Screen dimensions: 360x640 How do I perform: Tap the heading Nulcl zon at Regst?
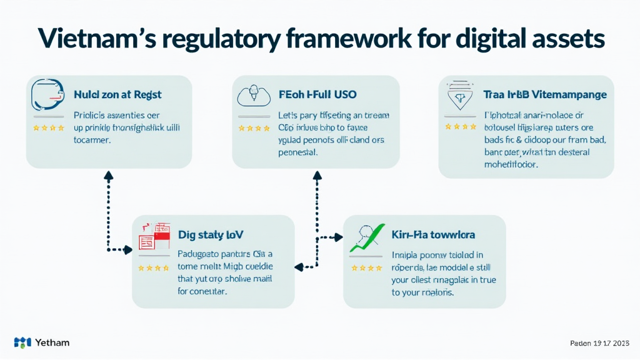point(117,95)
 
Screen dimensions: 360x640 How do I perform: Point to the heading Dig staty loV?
point(211,235)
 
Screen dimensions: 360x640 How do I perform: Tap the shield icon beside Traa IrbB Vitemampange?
point(460,97)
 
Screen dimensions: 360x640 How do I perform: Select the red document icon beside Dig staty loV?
point(154,236)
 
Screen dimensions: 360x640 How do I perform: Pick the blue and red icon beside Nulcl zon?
point(48,94)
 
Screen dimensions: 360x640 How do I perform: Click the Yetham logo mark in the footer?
point(22,342)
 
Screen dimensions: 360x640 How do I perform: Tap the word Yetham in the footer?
point(52,342)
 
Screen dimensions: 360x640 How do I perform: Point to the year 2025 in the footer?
point(621,343)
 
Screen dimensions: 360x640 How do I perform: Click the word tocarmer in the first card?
point(92,141)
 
